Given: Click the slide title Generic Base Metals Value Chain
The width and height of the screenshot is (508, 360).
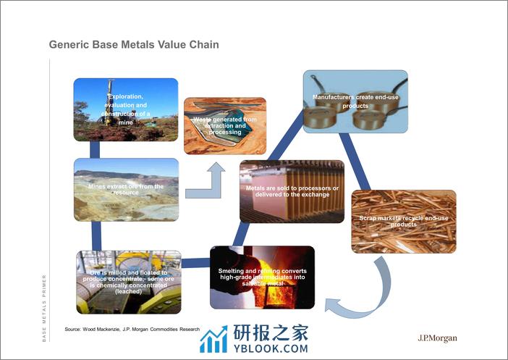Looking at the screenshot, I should tap(134, 45).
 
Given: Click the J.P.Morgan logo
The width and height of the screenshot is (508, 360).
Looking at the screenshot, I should tap(438, 338).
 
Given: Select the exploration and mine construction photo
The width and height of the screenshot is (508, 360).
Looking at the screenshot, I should tap(126, 109).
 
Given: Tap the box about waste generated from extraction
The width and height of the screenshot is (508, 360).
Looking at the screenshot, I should tap(224, 125).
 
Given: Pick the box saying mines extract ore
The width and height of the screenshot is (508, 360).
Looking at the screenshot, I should tap(126, 189).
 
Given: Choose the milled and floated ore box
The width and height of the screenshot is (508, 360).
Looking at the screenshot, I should tap(126, 280).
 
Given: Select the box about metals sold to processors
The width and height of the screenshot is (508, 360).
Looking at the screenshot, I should tap(292, 191).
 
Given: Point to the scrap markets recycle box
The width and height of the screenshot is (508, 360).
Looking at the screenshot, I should tap(404, 221).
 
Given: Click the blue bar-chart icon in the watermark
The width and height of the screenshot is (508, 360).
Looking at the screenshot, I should tap(213, 338).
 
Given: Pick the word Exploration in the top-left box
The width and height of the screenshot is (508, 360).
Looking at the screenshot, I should tap(127, 96).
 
